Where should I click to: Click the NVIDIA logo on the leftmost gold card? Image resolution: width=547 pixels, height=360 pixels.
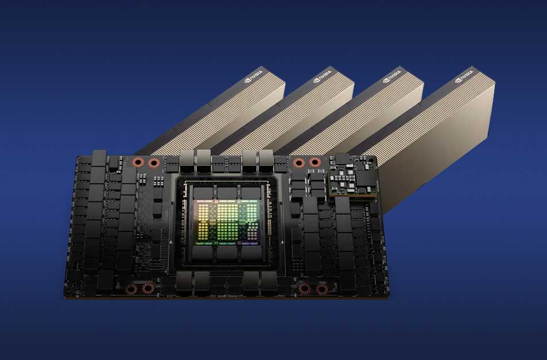coord(254,76)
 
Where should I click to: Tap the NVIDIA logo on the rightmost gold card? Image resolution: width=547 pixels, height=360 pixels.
coord(464,76)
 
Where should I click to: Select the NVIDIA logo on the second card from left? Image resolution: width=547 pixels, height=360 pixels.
coord(323,76)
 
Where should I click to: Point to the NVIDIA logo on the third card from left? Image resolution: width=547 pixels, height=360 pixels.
coord(392,76)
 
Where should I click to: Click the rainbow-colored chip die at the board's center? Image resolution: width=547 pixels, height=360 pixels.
coord(227,222)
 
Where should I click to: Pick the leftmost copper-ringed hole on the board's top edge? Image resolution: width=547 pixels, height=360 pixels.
coord(138,162)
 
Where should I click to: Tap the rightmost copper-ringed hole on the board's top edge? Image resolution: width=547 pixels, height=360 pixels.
coord(315,162)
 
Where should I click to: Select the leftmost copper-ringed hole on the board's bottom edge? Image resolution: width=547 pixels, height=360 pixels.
coord(131,289)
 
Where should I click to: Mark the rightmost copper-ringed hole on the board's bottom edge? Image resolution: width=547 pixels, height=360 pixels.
coord(321,289)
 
